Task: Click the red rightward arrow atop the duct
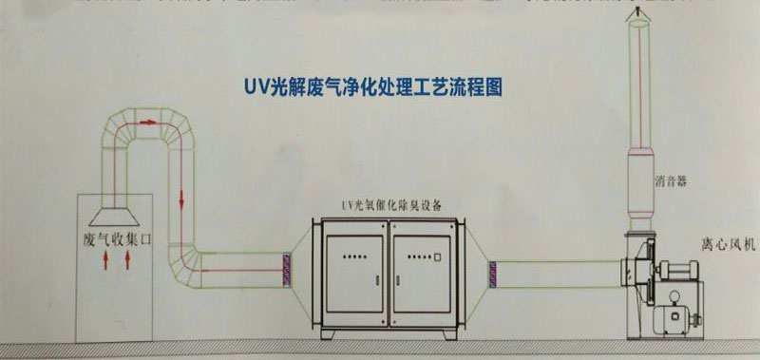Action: click(x=147, y=123)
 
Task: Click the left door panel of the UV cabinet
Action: click(x=352, y=271)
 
